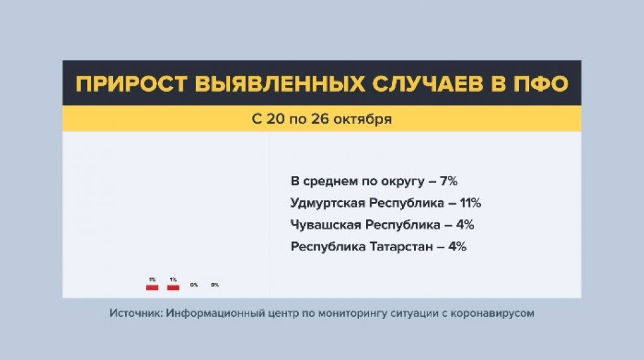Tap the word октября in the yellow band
coord(365,120)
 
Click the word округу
coord(403,181)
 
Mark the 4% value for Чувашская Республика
coord(465,225)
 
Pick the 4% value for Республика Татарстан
coord(457,246)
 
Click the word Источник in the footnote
coord(136,313)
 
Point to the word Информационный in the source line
coord(213,313)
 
